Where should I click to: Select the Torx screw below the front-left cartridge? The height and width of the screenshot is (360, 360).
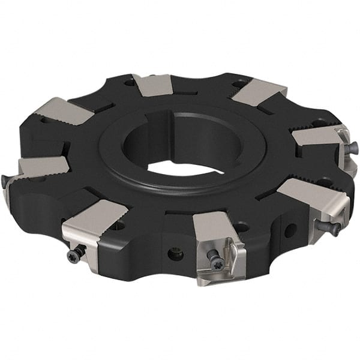point(74,254)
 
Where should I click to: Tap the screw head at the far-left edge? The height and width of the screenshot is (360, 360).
point(5,179)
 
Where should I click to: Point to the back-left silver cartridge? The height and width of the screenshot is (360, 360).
point(63,110)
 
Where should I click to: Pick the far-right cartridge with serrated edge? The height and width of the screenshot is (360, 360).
point(318,139)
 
